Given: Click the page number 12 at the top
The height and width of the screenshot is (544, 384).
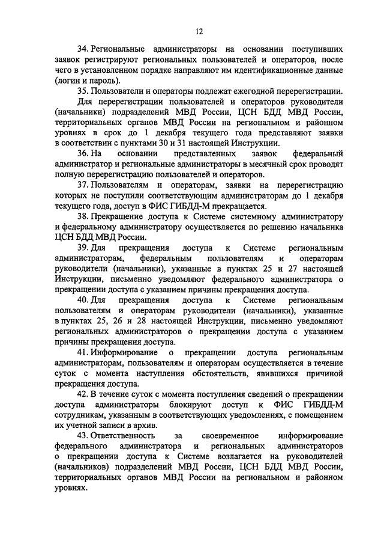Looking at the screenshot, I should (199, 32).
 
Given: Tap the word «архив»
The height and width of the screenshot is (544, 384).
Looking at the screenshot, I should (146, 429).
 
